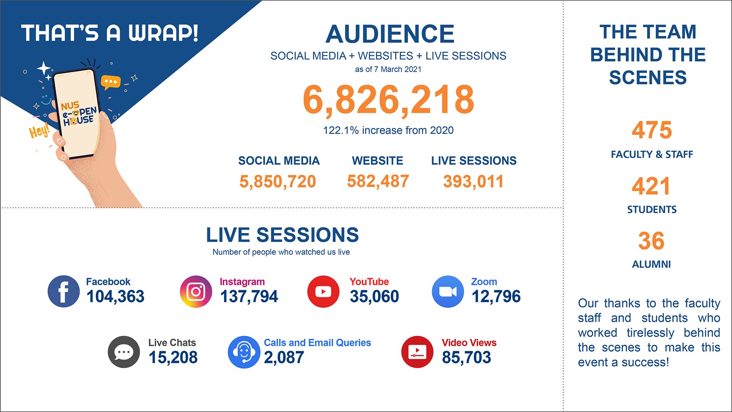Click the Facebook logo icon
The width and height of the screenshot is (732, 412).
click(64, 291)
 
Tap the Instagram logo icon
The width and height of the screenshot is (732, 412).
click(196, 291)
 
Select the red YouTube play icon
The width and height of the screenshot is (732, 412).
click(323, 291)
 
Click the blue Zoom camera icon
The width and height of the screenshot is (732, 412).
click(448, 291)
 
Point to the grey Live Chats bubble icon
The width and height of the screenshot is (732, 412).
click(124, 352)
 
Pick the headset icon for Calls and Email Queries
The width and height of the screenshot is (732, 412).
click(244, 352)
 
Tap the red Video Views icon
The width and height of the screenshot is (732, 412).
click(417, 352)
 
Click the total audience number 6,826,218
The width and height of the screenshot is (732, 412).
click(388, 100)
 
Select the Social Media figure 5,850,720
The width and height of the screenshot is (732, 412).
click(278, 182)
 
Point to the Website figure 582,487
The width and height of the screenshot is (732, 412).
click(378, 181)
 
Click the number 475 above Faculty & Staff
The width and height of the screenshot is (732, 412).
click(652, 130)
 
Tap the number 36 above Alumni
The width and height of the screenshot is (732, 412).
click(651, 241)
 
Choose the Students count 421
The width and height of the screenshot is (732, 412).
click(651, 186)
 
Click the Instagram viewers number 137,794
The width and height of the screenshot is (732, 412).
click(249, 296)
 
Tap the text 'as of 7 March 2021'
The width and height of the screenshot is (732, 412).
click(388, 69)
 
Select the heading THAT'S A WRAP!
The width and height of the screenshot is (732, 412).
click(110, 33)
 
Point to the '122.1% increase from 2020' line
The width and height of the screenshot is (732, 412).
click(388, 130)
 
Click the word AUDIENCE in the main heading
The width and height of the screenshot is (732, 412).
click(390, 34)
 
